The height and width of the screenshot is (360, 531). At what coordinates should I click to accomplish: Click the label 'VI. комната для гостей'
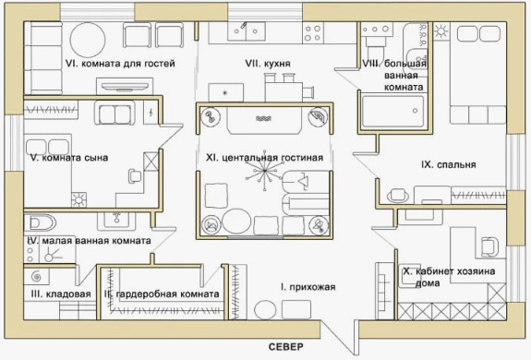pos(120,64)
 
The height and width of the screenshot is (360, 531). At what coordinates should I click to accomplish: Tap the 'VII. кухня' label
pos(268,64)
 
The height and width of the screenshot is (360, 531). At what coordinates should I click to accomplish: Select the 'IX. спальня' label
pos(449,165)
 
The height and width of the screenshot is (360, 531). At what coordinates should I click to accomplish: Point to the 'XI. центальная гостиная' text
pos(264,158)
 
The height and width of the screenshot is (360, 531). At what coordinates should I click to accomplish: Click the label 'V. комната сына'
pos(69,158)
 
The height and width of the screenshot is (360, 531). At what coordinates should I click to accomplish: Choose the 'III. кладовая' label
pos(61,294)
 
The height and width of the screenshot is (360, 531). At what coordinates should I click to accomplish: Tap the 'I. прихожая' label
pos(308,287)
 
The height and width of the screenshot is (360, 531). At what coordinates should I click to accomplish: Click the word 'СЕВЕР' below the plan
pos(286,347)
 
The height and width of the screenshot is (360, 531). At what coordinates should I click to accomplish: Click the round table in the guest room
pos(88,40)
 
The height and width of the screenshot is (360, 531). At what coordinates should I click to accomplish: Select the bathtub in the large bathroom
pos(392,112)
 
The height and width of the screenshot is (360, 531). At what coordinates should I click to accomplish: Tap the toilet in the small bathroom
pos(40,223)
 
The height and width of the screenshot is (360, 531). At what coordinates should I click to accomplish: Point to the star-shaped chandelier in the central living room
pos(264,171)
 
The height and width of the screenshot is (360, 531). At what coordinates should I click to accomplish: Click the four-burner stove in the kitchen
pos(313,33)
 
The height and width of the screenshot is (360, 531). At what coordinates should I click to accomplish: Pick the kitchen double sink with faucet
pos(247,31)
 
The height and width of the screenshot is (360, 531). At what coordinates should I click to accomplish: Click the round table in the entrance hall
pos(265,310)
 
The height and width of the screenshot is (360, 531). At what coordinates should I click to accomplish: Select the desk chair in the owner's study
pos(489,246)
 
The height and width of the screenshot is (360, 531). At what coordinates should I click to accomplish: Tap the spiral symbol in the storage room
pos(36,277)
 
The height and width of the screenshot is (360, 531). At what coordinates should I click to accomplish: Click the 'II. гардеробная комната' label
pos(162,294)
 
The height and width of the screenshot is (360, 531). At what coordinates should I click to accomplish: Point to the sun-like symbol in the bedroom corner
pos(441,31)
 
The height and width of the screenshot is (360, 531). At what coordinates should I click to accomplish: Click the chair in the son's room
pos(135,176)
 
